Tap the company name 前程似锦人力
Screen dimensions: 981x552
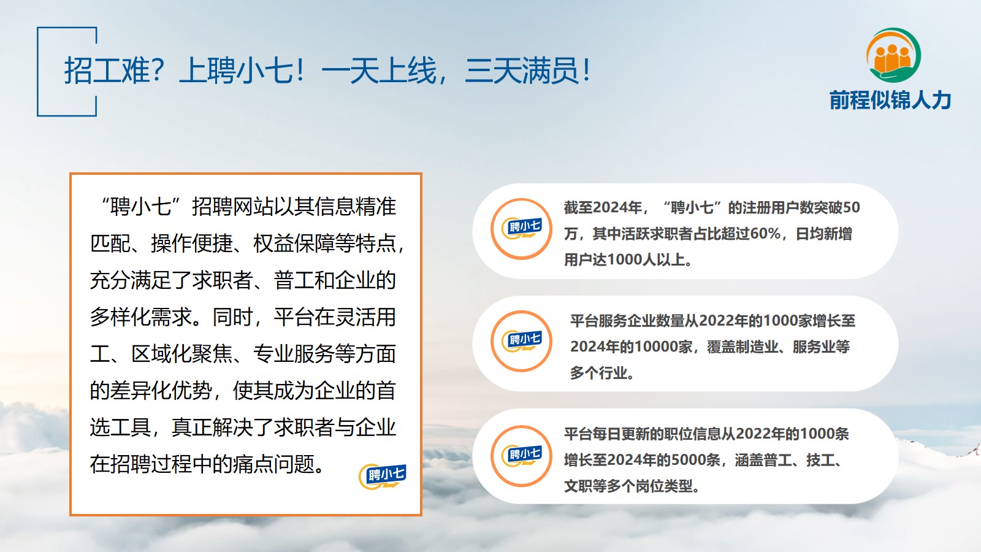890,101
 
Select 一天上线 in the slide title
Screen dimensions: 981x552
379,71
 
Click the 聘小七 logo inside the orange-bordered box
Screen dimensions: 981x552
383,476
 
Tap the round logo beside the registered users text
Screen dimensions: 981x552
521,229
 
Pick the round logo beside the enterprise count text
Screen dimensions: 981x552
521,341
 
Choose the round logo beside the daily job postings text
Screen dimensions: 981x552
521,456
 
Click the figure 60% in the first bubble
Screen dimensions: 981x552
765,234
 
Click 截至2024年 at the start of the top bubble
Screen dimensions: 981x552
603,207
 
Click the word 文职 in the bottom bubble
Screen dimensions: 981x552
578,486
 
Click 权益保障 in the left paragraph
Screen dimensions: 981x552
294,243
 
